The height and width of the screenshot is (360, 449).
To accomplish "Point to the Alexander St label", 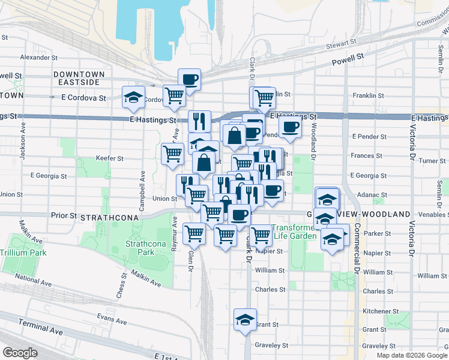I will (x=38, y=58).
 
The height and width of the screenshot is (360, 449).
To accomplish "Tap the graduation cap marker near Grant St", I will (x=245, y=319).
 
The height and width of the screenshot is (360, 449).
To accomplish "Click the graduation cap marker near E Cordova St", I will (x=133, y=97).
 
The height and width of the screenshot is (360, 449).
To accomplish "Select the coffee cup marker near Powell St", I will (x=189, y=79).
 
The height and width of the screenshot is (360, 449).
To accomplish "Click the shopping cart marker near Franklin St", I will (x=262, y=97).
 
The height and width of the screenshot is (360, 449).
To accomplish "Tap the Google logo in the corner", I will (x=20, y=353).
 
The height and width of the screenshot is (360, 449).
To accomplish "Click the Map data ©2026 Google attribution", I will (x=412, y=355).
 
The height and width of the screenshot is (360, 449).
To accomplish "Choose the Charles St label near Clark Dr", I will (x=270, y=289).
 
